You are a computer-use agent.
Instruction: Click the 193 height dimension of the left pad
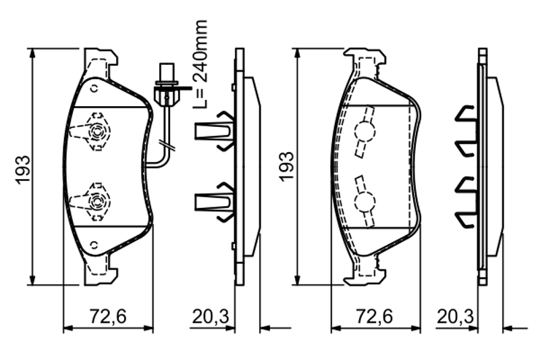pyautogui.click(x=24, y=170)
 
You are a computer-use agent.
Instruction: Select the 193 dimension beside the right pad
pyautogui.click(x=286, y=166)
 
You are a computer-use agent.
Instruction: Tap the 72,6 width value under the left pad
pyautogui.click(x=108, y=316)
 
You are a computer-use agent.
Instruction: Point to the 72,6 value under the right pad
pyautogui.click(x=374, y=316)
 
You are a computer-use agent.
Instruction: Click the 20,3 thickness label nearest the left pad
pyautogui.click(x=210, y=316)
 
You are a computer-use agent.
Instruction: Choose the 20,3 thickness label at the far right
pyautogui.click(x=455, y=316)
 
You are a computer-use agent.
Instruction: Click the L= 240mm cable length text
pyautogui.click(x=200, y=64)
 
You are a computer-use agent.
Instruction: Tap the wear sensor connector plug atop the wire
pyautogui.click(x=167, y=83)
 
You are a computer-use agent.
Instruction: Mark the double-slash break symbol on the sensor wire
pyautogui.click(x=167, y=145)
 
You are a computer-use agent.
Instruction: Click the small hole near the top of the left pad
pyautogui.click(x=94, y=88)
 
